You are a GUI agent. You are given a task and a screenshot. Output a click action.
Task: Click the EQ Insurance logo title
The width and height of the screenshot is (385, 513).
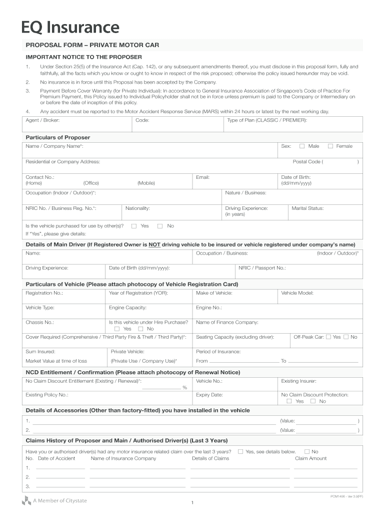pos(70,27)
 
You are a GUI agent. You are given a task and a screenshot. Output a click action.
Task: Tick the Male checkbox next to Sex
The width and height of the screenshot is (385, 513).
pos(302,146)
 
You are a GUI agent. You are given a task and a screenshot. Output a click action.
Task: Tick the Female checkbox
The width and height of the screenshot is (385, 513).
pos(330,146)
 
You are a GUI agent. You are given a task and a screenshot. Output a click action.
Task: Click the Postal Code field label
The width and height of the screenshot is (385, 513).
pos(307,162)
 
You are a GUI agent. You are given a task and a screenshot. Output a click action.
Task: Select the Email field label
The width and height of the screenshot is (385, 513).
pos(202,177)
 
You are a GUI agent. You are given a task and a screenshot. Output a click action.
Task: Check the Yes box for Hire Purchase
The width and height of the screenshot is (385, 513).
pos(117,329)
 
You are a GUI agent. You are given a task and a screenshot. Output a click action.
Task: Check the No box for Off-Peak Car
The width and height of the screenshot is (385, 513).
pos(346,337)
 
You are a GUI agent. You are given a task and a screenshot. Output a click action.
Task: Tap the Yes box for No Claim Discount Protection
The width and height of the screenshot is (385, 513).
pos(289,401)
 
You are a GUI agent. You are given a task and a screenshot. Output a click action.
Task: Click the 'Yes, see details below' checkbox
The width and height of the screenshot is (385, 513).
pos(240,451)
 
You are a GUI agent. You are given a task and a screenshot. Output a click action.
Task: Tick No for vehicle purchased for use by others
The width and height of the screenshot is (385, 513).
pos(160,226)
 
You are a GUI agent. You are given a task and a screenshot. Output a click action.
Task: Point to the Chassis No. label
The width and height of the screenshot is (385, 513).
pos(39,322)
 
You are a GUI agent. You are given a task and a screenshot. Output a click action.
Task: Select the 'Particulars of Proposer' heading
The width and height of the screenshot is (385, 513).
pos(57,137)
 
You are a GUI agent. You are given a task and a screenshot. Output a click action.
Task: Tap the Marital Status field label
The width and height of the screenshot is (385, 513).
pos(307,208)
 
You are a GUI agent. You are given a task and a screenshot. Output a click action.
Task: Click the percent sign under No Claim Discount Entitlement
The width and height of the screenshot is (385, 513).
pos(184,388)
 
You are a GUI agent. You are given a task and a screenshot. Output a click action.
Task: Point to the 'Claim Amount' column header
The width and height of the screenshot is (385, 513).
pos(310,458)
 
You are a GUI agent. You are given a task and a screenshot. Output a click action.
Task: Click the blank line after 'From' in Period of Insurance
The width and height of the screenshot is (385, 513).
pos(244,361)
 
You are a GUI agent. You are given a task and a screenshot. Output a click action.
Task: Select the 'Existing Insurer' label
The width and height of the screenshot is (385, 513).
pos(298,381)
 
